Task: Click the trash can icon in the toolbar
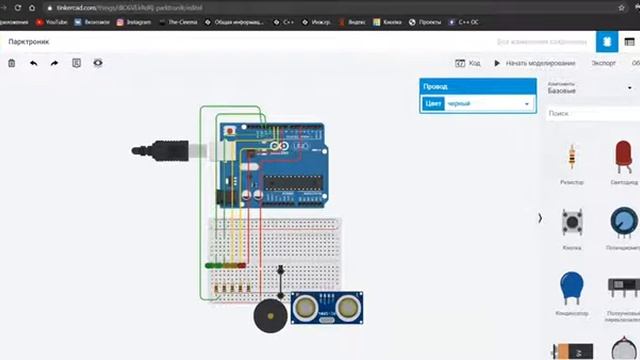[11, 63]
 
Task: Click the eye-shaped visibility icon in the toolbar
[98, 63]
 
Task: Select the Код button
[469, 63]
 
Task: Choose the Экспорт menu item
[603, 63]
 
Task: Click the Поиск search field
[590, 114]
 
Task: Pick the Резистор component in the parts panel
[572, 159]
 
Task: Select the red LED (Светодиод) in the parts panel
[623, 159]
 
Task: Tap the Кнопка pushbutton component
[572, 223]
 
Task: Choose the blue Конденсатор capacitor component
[572, 287]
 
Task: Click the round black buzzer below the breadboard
[271, 317]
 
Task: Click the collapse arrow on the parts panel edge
[540, 217]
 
